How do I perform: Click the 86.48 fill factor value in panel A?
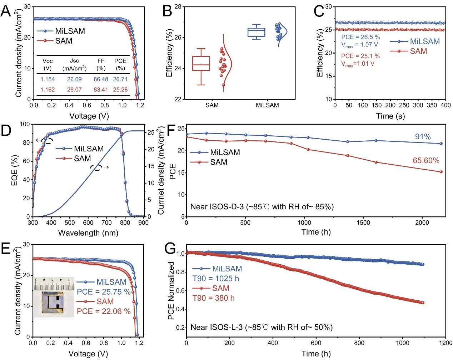pyautogui.click(x=101, y=79)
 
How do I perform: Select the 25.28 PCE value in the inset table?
pyautogui.click(x=120, y=90)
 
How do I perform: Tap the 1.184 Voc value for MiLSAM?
pyautogui.click(x=48, y=79)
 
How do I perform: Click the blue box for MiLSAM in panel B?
pyautogui.click(x=257, y=32)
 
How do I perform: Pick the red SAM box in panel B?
pyautogui.click(x=201, y=64)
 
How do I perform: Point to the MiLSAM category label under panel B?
pyautogui.click(x=267, y=105)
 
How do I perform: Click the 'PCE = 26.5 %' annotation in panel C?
pyautogui.click(x=360, y=37)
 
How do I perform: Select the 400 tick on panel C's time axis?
pyautogui.click(x=445, y=105)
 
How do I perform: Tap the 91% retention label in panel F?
pyautogui.click(x=423, y=137)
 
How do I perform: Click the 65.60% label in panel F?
pyautogui.click(x=426, y=161)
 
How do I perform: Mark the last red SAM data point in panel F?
pyautogui.click(x=441, y=172)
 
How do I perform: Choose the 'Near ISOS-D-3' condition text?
pyautogui.click(x=262, y=207)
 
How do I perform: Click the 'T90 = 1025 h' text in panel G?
pyautogui.click(x=216, y=279)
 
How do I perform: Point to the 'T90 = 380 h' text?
pyautogui.click(x=214, y=298)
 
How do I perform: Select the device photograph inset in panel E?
pyautogui.click(x=54, y=297)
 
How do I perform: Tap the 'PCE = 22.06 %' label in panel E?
pyautogui.click(x=104, y=311)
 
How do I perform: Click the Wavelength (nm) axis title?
pyautogui.click(x=88, y=233)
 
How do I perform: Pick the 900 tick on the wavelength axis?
pyautogui.click(x=144, y=223)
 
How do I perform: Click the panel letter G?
pyautogui.click(x=170, y=248)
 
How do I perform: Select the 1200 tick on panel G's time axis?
pyautogui.click(x=445, y=343)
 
